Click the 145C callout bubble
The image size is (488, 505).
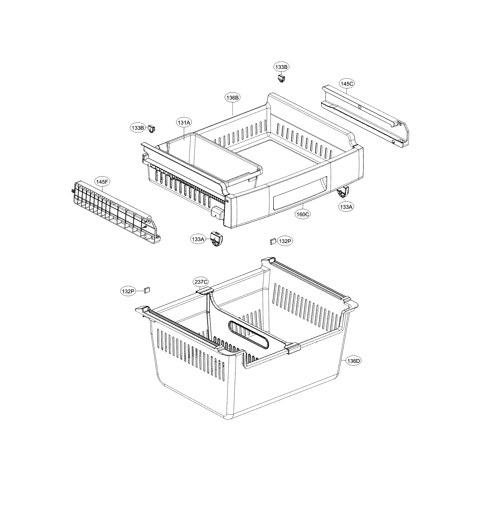point(347,84)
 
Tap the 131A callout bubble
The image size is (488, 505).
point(184,123)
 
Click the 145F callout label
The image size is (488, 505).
point(102,182)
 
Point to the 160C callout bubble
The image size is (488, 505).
point(302,214)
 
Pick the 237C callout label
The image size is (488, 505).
point(201,282)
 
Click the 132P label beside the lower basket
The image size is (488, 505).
point(128,291)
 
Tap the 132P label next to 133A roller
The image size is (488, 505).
point(285,241)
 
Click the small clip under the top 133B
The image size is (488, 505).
point(281,78)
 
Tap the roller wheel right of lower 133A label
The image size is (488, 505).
point(216,239)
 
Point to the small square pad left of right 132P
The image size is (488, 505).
point(272,241)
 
